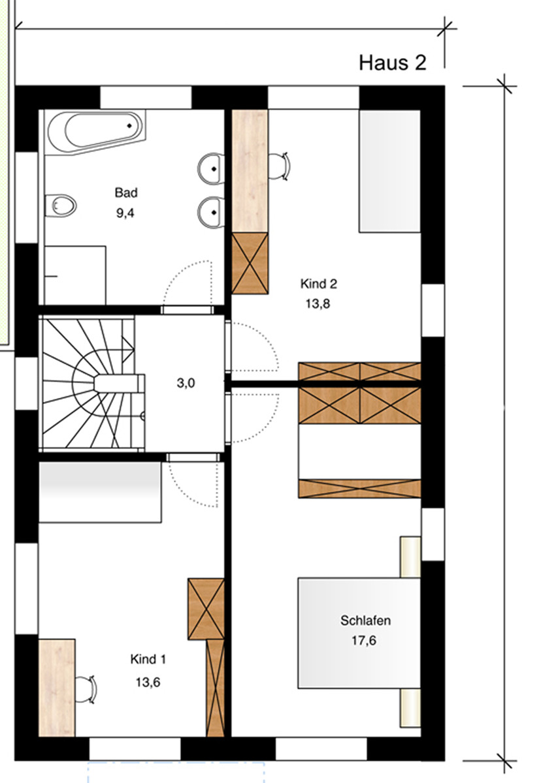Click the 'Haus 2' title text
(x=392, y=63)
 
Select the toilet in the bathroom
(x=61, y=205)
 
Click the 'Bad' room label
(x=126, y=193)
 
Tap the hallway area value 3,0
(x=186, y=384)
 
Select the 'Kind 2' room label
(x=318, y=284)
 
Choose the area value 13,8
(x=317, y=303)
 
